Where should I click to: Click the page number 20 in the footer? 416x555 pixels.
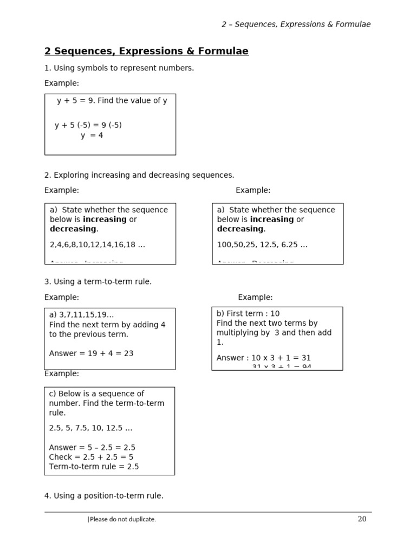click(x=362, y=519)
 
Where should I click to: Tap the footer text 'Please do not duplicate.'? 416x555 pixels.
click(x=122, y=519)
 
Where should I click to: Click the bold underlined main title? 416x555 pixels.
click(x=146, y=51)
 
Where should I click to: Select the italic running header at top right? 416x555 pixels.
click(x=296, y=24)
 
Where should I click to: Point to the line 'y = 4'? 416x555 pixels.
click(x=92, y=135)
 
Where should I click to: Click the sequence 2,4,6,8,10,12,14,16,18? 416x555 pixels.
click(x=97, y=244)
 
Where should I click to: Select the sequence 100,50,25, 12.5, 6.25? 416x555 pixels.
click(x=262, y=244)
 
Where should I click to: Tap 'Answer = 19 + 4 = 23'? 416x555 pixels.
click(x=91, y=353)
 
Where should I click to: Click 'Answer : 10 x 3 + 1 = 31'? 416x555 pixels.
click(x=263, y=358)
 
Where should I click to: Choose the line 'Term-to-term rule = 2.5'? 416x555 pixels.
click(x=94, y=467)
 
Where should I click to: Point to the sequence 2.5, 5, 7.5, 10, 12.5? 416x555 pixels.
click(x=90, y=428)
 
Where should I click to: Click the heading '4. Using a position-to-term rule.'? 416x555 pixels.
click(x=104, y=495)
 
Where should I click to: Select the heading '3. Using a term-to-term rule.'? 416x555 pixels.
click(x=98, y=282)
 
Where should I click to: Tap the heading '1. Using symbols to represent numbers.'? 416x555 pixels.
click(x=119, y=68)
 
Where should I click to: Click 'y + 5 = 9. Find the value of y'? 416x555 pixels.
click(x=112, y=101)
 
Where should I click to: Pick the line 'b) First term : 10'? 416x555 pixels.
click(x=248, y=313)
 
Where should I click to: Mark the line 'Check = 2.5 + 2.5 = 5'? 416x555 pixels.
click(x=91, y=457)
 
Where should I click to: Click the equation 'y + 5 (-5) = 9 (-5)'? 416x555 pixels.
click(x=88, y=125)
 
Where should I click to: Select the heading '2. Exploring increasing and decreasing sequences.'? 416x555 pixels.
click(x=139, y=175)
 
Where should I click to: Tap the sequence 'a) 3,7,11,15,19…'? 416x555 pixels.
click(x=82, y=315)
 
